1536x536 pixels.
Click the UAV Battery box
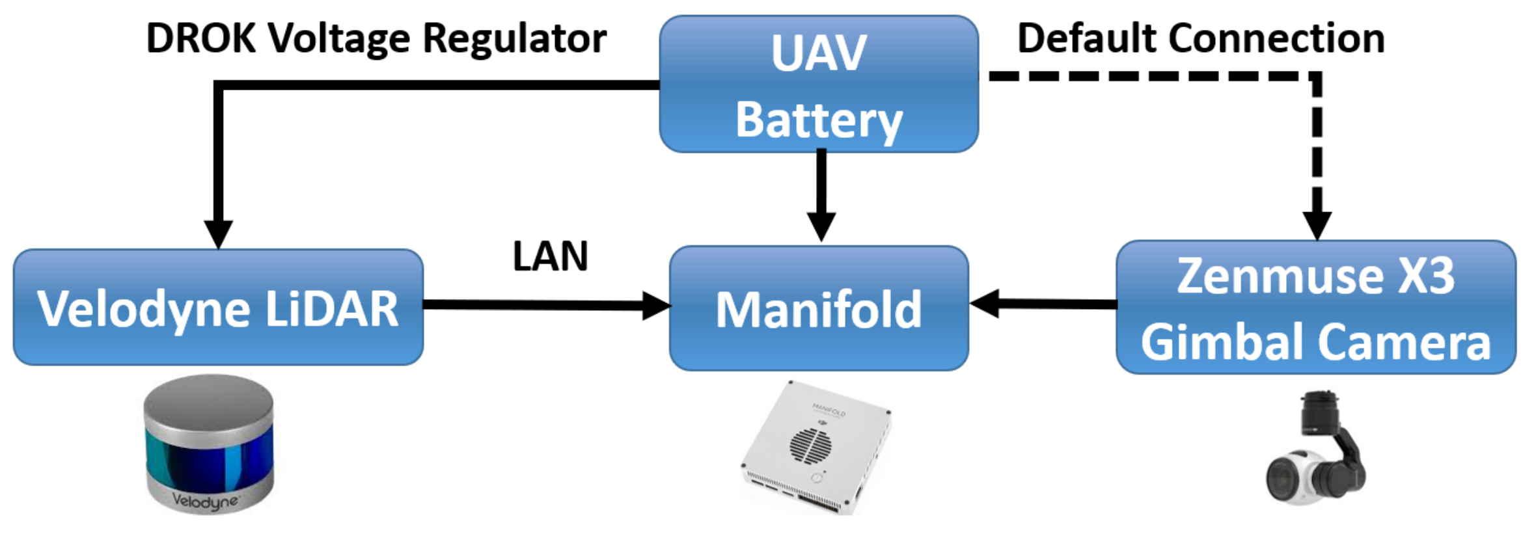pyautogui.click(x=819, y=85)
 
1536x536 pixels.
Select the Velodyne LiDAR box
pyautogui.click(x=218, y=307)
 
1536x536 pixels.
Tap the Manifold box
pyautogui.click(x=819, y=308)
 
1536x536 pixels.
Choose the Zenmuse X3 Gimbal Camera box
pyautogui.click(x=1316, y=307)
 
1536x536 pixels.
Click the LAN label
pyautogui.click(x=550, y=256)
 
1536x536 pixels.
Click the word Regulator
pyautogui.click(x=514, y=39)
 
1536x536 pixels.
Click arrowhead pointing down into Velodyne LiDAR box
pyautogui.click(x=219, y=233)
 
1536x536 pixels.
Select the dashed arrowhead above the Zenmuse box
pyautogui.click(x=1317, y=225)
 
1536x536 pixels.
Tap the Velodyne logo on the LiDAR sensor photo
pyautogui.click(x=205, y=501)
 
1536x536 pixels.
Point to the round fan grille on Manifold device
pyautogui.click(x=810, y=445)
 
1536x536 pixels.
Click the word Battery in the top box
pyautogui.click(x=819, y=121)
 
